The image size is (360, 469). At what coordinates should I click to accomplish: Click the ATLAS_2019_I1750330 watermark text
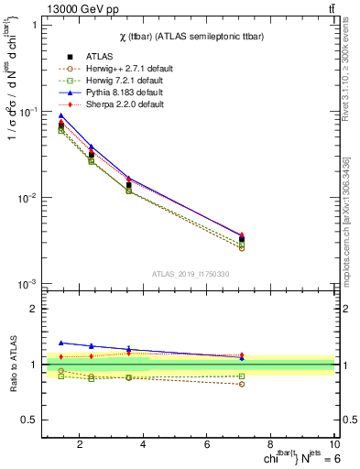[x=191, y=274]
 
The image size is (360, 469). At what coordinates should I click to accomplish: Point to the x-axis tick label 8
[x=273, y=445]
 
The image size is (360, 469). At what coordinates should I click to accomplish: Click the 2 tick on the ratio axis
[x=35, y=309]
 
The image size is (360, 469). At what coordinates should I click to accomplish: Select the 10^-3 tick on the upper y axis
[x=27, y=284]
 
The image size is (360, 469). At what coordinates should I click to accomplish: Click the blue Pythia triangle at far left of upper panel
[x=60, y=115]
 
